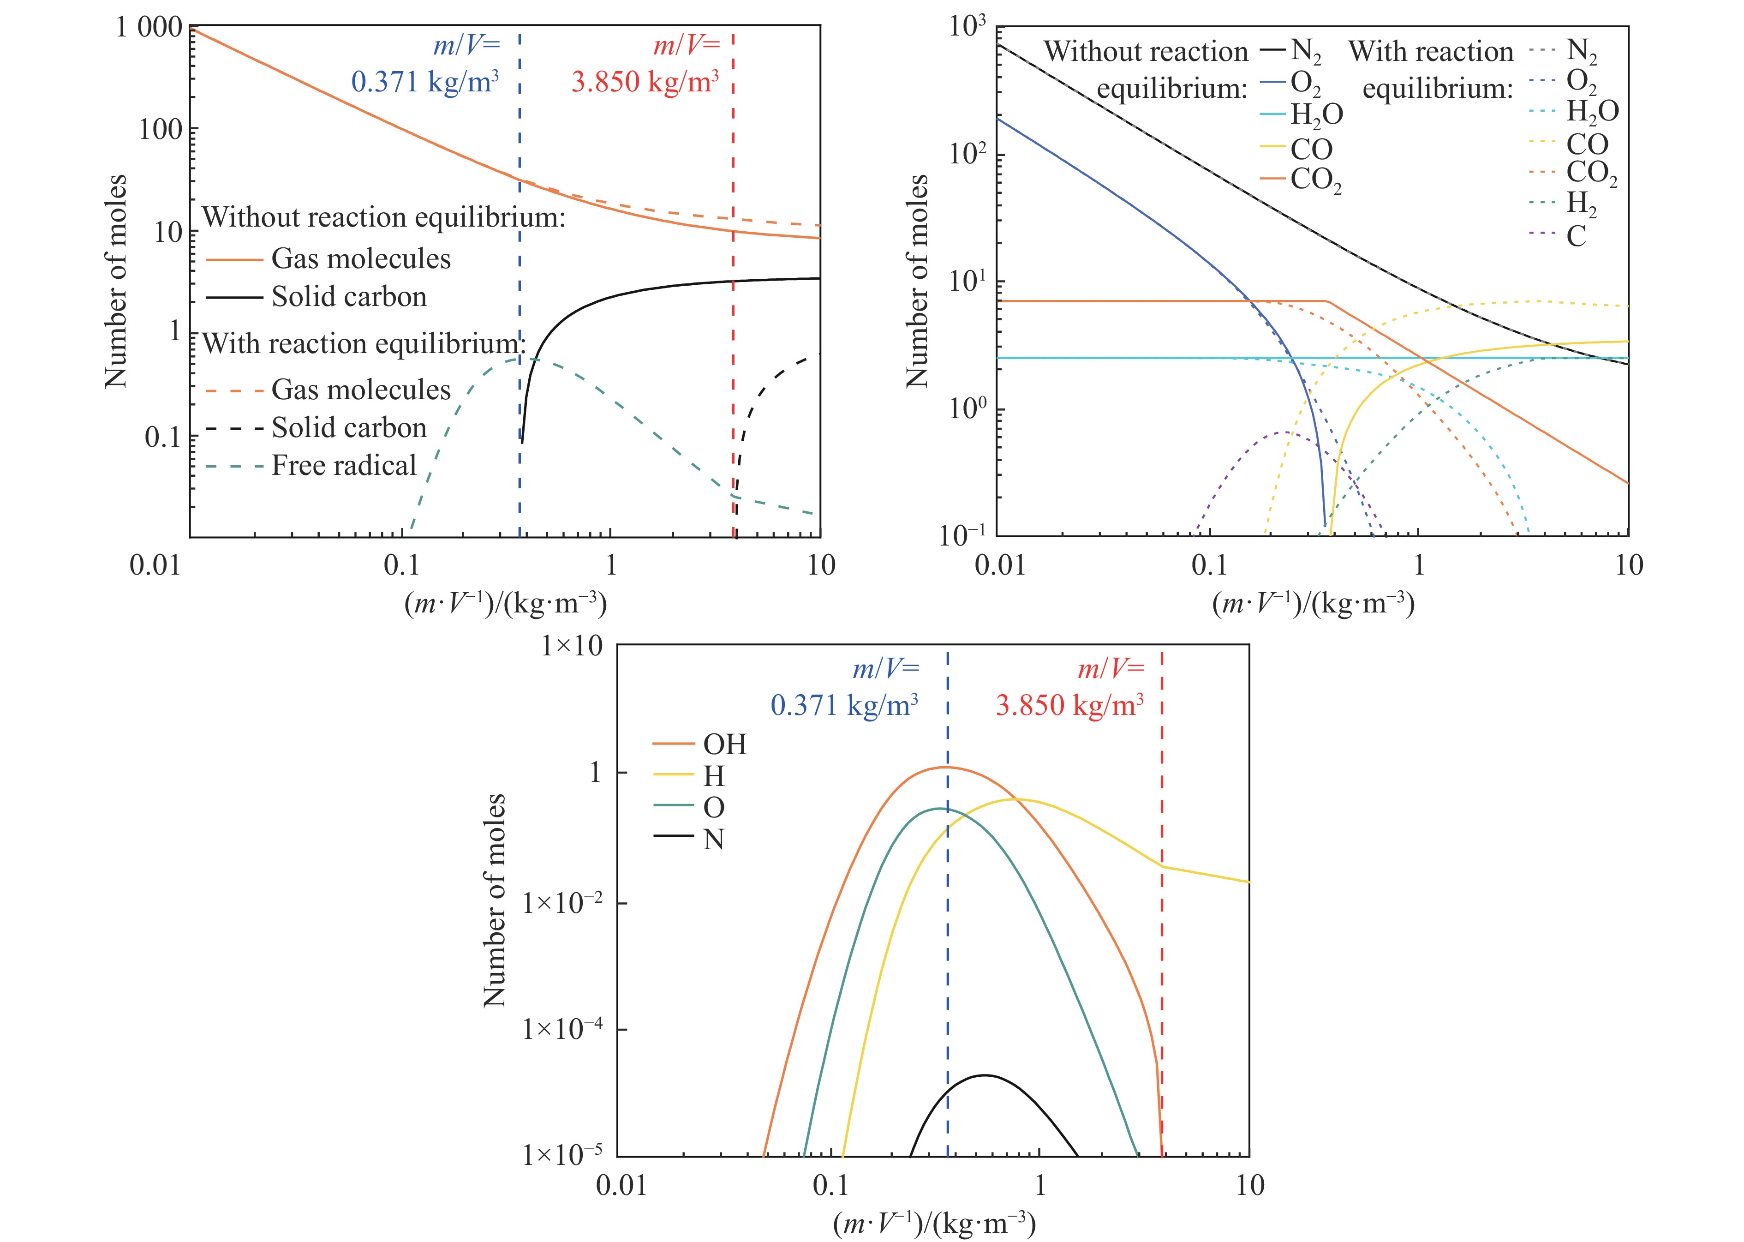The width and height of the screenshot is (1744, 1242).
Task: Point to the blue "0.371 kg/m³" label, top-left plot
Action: pyautogui.click(x=425, y=82)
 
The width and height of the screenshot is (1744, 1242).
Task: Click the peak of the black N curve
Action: pyautogui.click(x=985, y=1075)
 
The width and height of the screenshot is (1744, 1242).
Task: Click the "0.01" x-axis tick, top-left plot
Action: pyautogui.click(x=155, y=566)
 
